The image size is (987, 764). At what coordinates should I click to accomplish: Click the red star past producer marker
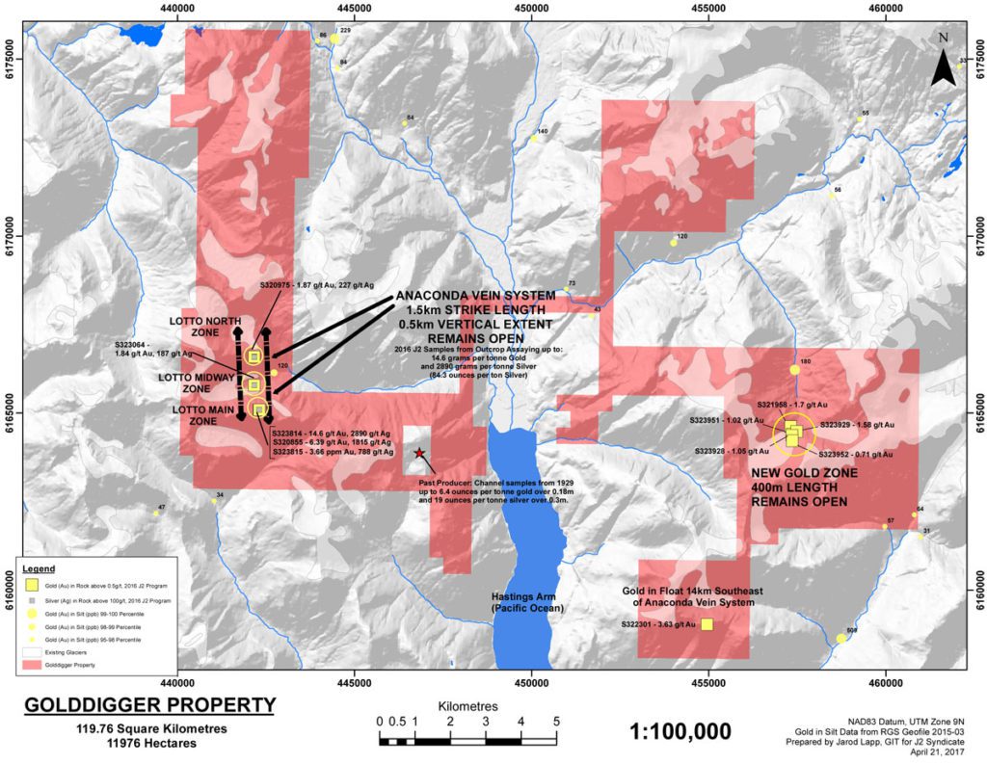(x=418, y=453)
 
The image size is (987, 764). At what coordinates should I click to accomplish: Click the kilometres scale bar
(x=467, y=741)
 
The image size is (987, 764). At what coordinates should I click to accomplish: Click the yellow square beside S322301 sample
(x=707, y=624)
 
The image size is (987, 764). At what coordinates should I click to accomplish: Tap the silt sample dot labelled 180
(x=794, y=370)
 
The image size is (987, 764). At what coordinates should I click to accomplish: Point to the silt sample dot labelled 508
(x=841, y=639)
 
